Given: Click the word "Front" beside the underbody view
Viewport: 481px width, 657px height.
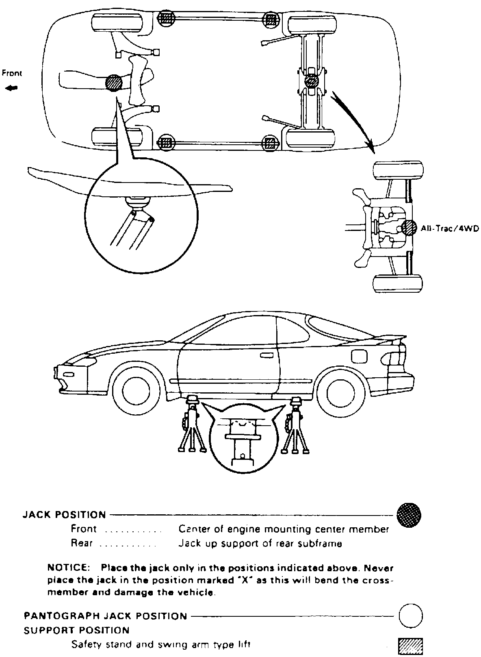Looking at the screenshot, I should [x=11, y=74].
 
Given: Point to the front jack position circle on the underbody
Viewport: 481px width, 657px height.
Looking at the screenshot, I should [x=113, y=83].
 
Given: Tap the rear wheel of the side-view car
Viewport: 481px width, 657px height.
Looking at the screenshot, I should [x=340, y=389].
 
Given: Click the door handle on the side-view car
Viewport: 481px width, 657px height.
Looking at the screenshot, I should [x=266, y=355].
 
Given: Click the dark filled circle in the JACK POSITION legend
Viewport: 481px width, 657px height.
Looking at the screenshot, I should [x=409, y=515].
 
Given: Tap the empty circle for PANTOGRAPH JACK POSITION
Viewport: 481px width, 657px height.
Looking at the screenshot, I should [x=410, y=616].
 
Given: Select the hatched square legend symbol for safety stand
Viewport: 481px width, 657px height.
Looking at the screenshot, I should [x=411, y=645].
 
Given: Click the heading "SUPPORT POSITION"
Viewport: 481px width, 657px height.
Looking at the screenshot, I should [x=76, y=631].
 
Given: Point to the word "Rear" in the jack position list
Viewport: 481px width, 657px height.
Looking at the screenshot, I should [x=82, y=543].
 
